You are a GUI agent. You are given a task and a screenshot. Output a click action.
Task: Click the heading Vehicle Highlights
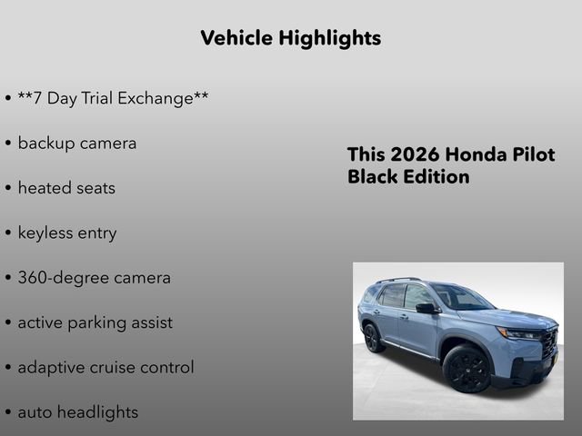[x=290, y=38]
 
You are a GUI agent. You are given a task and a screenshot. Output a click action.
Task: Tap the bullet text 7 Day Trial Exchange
[x=113, y=98]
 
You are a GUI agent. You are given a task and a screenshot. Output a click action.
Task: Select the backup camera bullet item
[x=76, y=144]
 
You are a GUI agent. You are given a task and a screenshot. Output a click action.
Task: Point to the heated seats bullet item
[x=66, y=188]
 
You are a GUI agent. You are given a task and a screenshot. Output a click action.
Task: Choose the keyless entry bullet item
[x=67, y=233]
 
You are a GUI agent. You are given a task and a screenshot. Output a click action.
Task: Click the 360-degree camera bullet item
[x=94, y=278]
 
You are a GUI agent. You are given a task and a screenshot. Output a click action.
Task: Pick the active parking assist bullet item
[x=95, y=322]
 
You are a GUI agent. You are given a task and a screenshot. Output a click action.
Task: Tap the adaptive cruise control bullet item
[x=105, y=368]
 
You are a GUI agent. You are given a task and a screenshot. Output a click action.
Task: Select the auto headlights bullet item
[x=78, y=412]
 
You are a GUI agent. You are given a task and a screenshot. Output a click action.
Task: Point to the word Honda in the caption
[x=476, y=154]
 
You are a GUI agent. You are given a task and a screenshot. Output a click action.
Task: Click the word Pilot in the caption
[x=532, y=154]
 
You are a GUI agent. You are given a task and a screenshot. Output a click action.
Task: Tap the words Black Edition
[x=408, y=176]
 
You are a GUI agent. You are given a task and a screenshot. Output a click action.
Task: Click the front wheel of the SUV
[x=467, y=368]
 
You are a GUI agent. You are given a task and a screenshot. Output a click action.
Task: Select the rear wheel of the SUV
[x=372, y=338]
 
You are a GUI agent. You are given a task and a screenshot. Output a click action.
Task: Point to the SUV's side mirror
[x=426, y=309]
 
